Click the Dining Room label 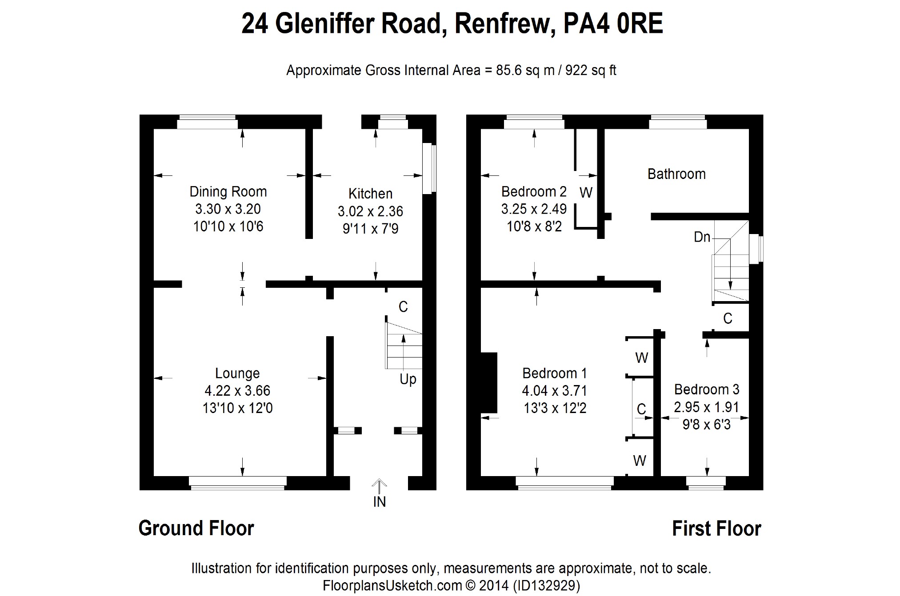[228, 192]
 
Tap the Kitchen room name [370, 194]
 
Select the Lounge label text [237, 373]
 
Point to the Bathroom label [676, 174]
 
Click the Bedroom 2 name [534, 192]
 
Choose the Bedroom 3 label [707, 389]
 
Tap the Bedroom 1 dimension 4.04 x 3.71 [555, 391]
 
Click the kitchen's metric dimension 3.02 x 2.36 [370, 211]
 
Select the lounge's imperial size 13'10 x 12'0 [237, 408]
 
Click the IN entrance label [379, 502]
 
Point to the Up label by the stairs [408, 379]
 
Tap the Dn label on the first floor [702, 237]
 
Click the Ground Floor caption [196, 528]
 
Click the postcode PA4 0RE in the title [613, 24]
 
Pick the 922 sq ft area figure [591, 71]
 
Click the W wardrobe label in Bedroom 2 [586, 193]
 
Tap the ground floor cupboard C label [403, 307]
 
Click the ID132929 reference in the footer [546, 585]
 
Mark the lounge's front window [237, 483]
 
